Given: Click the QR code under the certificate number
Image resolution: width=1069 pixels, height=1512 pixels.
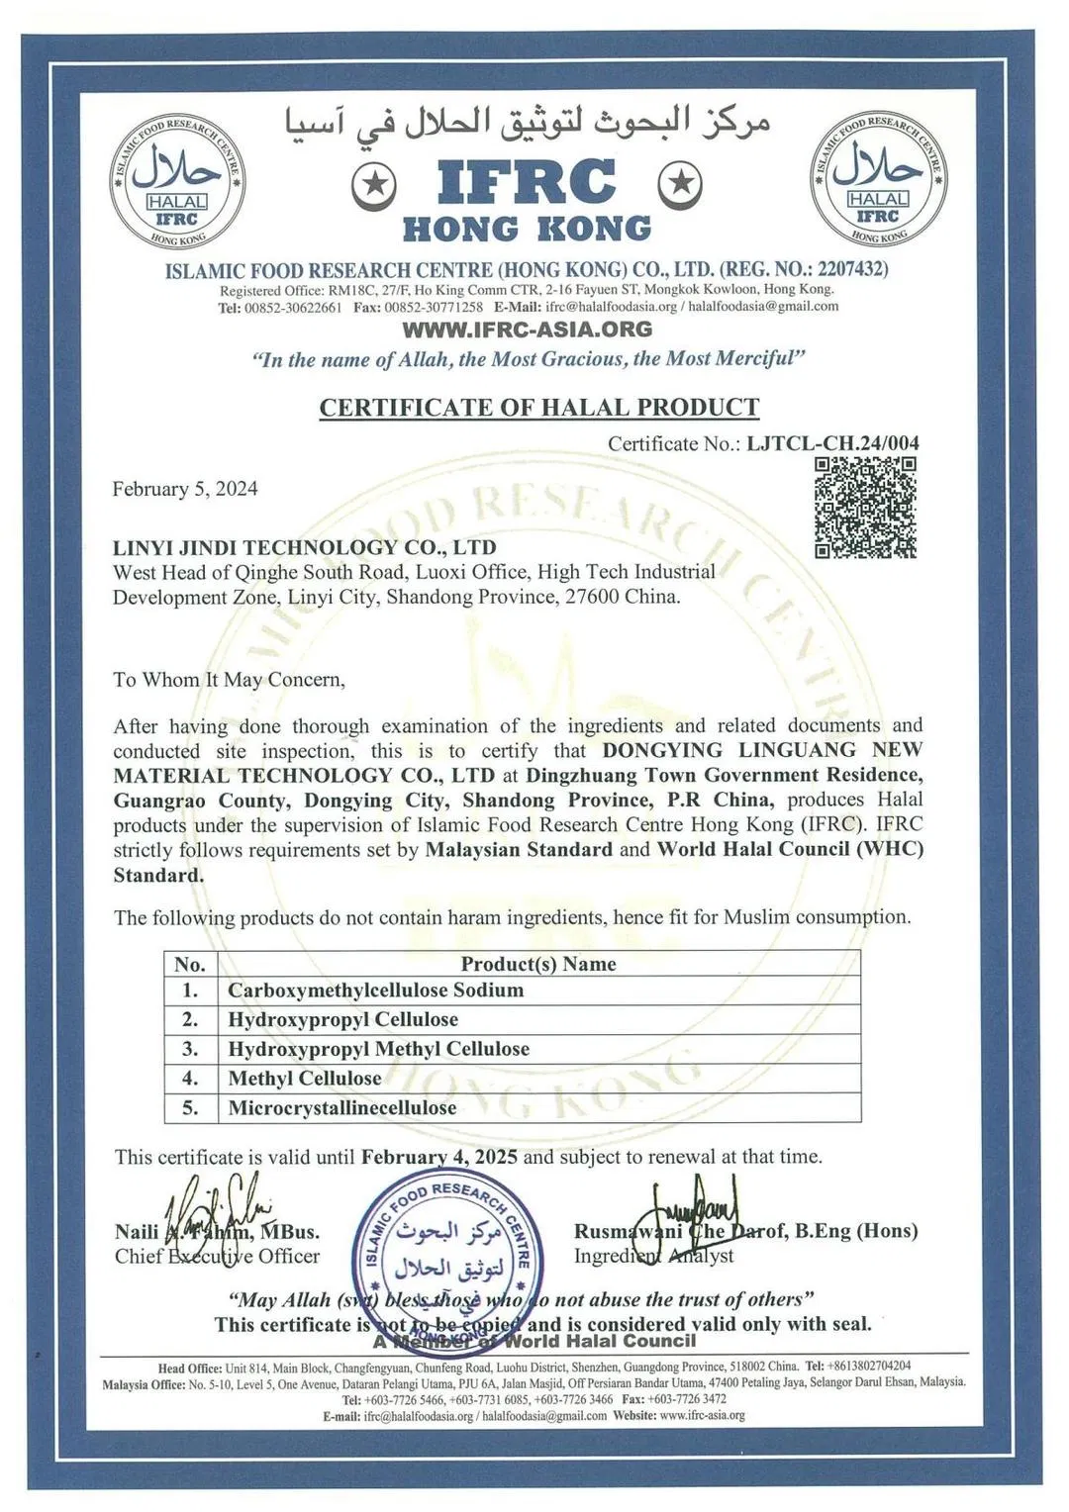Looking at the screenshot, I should click(865, 508).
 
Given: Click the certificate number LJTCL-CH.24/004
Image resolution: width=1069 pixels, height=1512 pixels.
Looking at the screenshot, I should click(832, 442).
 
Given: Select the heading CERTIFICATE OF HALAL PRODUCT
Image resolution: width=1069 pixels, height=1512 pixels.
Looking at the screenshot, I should click(538, 408).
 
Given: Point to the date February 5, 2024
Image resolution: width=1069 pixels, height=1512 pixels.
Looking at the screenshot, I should click(185, 489).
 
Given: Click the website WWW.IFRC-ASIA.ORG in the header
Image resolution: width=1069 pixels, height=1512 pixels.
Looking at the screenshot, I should click(527, 330).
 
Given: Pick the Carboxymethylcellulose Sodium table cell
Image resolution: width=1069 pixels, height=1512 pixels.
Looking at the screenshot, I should click(375, 991).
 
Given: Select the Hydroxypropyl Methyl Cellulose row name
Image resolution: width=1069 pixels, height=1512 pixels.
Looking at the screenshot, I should click(378, 1049).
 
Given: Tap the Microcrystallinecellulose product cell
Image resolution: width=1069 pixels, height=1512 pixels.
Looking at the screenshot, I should click(341, 1108).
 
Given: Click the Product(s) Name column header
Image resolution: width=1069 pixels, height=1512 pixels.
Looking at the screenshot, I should click(537, 964).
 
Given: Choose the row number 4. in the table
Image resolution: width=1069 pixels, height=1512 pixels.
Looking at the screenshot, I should click(190, 1079).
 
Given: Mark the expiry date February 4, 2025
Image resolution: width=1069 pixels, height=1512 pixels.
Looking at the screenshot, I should click(438, 1157).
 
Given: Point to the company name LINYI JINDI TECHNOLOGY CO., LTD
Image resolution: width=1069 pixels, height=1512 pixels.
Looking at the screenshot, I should click(304, 547).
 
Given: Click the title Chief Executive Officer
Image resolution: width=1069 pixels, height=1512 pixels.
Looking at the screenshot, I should click(217, 1257).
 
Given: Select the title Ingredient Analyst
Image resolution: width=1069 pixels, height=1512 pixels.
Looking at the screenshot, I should click(653, 1256).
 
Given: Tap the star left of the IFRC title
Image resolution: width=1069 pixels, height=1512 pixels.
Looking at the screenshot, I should click(374, 184).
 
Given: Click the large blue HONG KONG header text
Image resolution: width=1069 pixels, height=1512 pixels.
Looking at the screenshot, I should click(527, 230).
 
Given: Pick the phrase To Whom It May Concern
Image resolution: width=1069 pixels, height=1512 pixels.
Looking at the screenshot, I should click(229, 680).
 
